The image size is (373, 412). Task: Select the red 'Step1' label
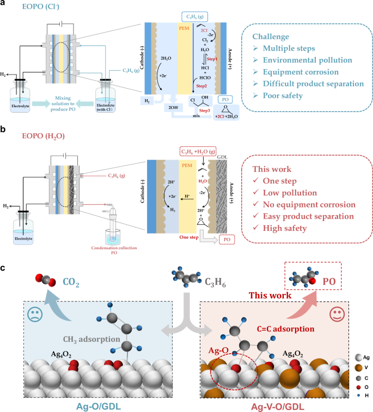pos(212,59)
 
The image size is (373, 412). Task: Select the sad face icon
pos(34,315)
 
